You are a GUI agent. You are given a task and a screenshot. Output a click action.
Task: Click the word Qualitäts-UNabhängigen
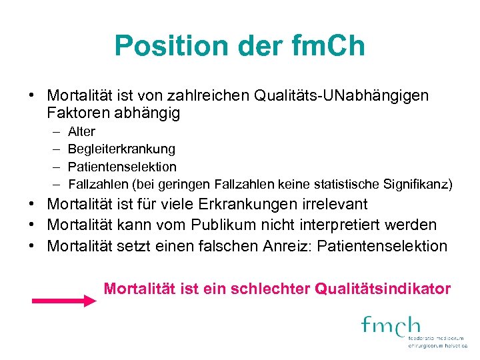click(341, 95)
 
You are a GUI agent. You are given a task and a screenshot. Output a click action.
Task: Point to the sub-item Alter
click(81, 131)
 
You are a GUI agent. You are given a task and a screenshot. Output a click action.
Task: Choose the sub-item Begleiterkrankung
click(121, 149)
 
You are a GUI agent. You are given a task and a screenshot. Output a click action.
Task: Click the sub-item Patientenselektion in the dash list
click(122, 167)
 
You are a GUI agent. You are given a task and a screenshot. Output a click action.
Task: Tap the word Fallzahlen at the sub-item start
click(96, 184)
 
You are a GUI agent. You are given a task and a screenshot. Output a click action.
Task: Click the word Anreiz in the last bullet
click(285, 246)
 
